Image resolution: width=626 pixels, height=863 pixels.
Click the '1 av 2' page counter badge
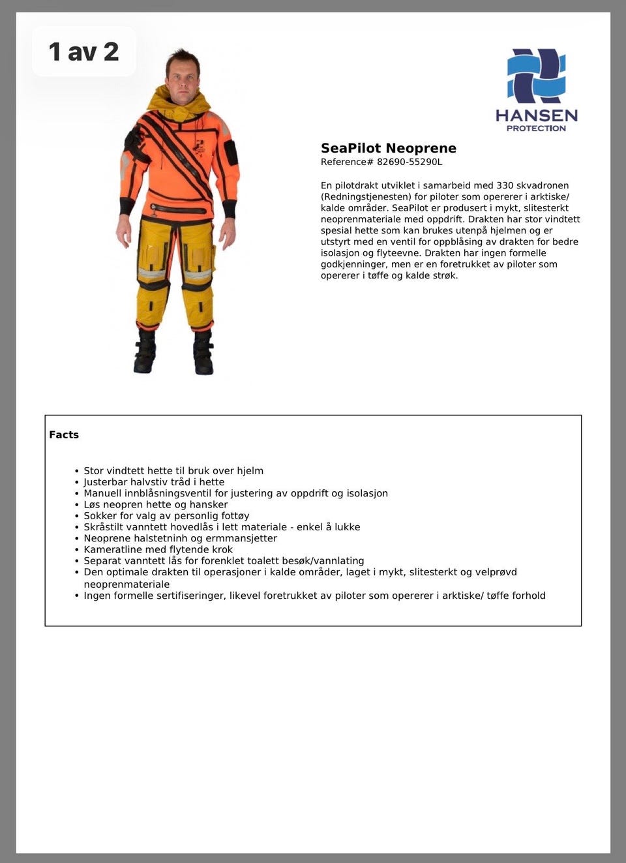(x=83, y=52)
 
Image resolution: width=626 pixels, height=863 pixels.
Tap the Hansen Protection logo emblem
(x=536, y=76)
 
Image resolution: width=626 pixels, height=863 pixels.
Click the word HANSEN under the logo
(x=536, y=116)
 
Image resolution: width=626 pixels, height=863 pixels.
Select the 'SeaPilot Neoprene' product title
(x=388, y=148)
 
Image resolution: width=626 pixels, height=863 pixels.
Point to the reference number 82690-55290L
(x=409, y=162)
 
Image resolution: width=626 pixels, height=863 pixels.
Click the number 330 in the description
(x=505, y=185)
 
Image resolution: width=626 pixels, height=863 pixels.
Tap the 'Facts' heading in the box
(x=64, y=434)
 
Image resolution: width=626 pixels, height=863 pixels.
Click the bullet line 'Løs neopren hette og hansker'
(x=155, y=504)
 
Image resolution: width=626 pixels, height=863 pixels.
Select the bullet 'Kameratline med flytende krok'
(x=158, y=549)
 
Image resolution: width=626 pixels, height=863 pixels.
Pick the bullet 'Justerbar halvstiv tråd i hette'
(x=154, y=482)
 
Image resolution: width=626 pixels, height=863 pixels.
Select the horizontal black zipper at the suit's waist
(x=177, y=210)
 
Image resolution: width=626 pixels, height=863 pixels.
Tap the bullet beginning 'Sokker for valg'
(x=166, y=515)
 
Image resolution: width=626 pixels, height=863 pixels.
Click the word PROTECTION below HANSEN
(x=536, y=129)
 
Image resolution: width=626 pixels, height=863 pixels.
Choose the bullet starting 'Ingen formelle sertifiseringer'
(x=314, y=596)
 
